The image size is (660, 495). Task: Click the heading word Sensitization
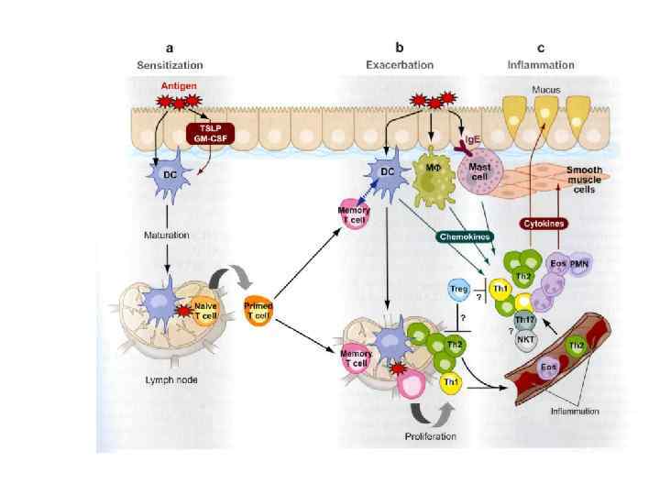pos(170,65)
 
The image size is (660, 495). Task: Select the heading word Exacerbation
pos(399,65)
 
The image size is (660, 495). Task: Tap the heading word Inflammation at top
pos(541,65)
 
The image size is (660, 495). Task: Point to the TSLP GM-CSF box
pos(208,134)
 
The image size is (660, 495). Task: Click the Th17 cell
pos(525,319)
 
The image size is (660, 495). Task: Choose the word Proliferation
pos(430,435)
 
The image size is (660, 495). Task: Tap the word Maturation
pos(166,235)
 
